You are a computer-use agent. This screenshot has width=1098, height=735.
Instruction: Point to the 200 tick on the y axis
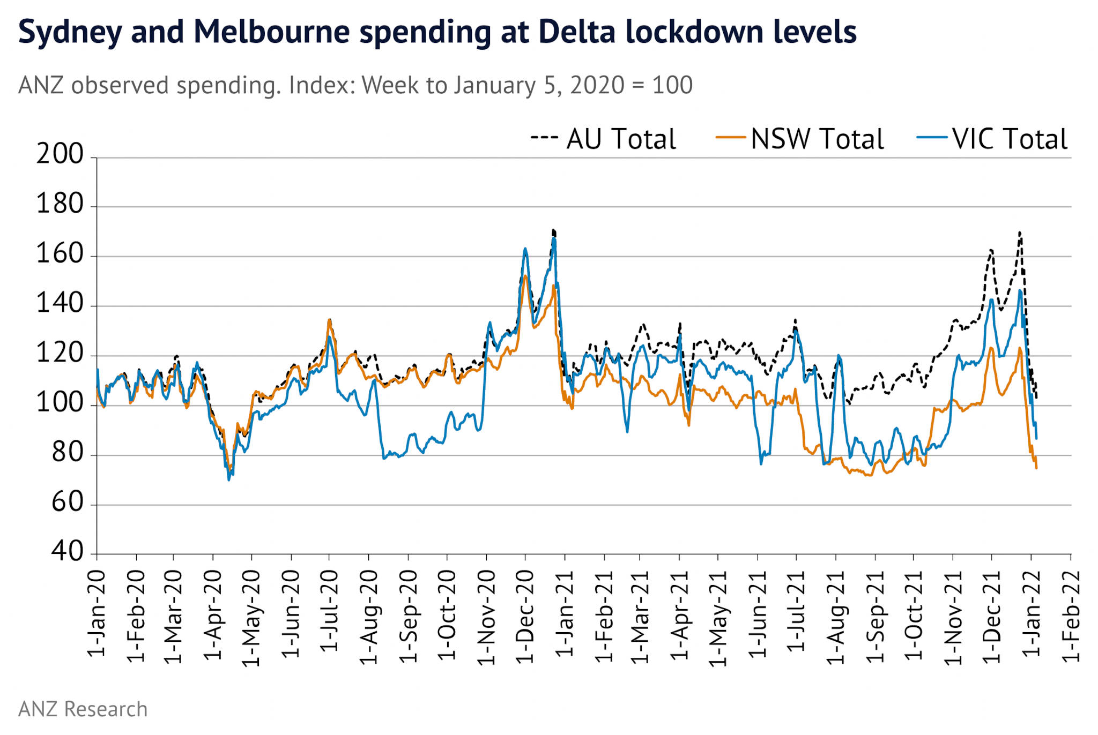[60, 154]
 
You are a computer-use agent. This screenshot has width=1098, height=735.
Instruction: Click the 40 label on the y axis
[68, 551]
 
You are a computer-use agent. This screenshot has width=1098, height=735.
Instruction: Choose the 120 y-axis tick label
[60, 353]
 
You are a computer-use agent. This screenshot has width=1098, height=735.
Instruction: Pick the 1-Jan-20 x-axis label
[97, 613]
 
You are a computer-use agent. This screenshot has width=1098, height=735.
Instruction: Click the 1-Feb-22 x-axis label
[1071, 616]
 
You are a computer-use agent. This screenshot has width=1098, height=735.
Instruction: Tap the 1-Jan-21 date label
[565, 613]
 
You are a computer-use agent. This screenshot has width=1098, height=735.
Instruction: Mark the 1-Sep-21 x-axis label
[876, 616]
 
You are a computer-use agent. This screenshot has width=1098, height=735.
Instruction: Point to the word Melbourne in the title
[272, 32]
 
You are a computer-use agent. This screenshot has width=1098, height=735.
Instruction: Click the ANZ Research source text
[83, 709]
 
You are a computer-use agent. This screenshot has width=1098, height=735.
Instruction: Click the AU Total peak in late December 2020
[553, 230]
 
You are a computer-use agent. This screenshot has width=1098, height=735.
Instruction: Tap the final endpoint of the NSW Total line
[1036, 469]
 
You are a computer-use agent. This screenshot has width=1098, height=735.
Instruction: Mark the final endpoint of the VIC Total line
[1036, 439]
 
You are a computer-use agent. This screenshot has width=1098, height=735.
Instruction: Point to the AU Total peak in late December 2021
[1020, 232]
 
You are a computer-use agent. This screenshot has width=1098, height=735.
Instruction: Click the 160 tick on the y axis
[60, 254]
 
